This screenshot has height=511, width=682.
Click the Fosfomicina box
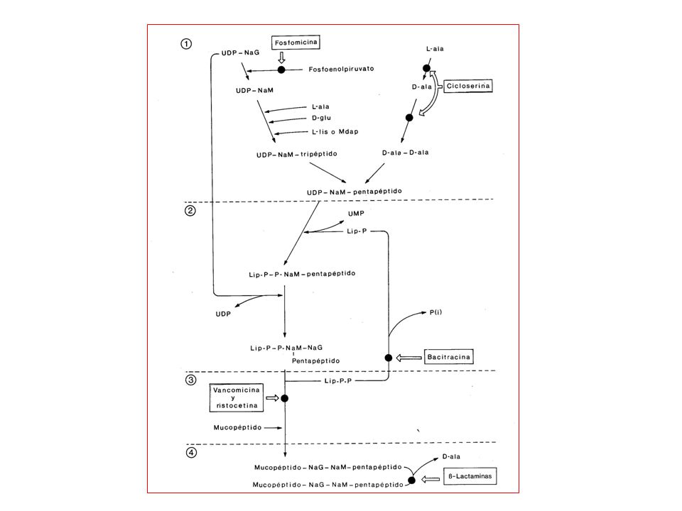click(x=296, y=43)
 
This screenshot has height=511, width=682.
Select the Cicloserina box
click(x=468, y=86)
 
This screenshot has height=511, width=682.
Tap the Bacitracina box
click(x=448, y=357)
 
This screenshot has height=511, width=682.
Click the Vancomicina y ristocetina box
click(x=236, y=397)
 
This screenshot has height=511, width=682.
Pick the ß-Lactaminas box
click(x=470, y=476)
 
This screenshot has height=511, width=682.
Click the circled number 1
click(x=186, y=44)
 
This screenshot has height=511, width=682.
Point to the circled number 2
click(x=190, y=211)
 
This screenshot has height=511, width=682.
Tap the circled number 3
click(x=191, y=380)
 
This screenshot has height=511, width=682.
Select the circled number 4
click(x=191, y=453)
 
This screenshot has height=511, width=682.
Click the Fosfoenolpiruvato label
click(x=342, y=69)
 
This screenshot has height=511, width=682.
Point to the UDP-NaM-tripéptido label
click(x=297, y=154)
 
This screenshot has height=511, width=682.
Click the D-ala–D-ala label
click(x=406, y=153)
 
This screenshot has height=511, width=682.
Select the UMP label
click(x=356, y=214)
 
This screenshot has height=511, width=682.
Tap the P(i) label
click(x=435, y=312)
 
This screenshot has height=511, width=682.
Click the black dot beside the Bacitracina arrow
click(x=389, y=358)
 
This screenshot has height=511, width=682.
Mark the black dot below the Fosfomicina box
click(x=281, y=70)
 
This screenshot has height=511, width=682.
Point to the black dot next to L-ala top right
click(x=427, y=68)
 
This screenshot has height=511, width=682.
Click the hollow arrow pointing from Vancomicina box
click(x=272, y=397)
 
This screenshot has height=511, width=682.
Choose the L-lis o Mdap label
click(x=335, y=132)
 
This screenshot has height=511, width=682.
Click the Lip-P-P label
click(x=338, y=381)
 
